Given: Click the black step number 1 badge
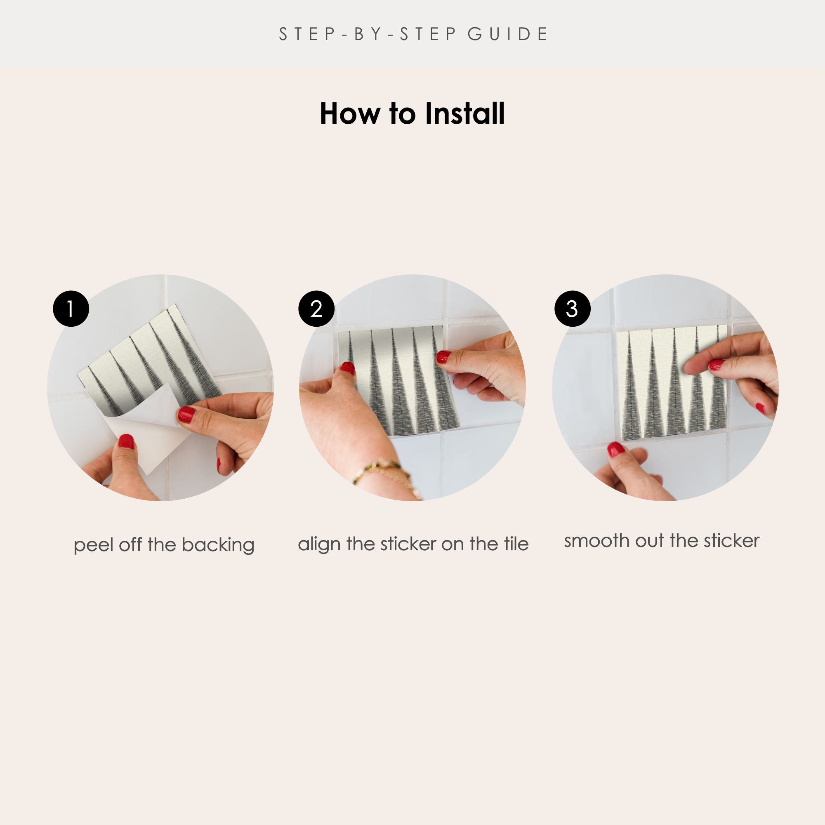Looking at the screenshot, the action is tap(71, 309).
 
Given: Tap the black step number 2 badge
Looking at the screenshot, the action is tap(316, 309).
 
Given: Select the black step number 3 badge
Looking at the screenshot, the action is tap(572, 309).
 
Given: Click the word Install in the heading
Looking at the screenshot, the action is tap(464, 113).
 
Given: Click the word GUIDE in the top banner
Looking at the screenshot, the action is tap(507, 34).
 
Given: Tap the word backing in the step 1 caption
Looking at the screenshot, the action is tap(218, 545).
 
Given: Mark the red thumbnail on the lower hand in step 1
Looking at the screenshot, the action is tap(126, 441).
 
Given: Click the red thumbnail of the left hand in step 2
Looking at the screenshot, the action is tap(348, 368).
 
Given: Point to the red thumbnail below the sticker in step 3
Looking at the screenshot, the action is tap(615, 450).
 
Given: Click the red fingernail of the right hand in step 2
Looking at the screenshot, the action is tap(443, 356).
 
